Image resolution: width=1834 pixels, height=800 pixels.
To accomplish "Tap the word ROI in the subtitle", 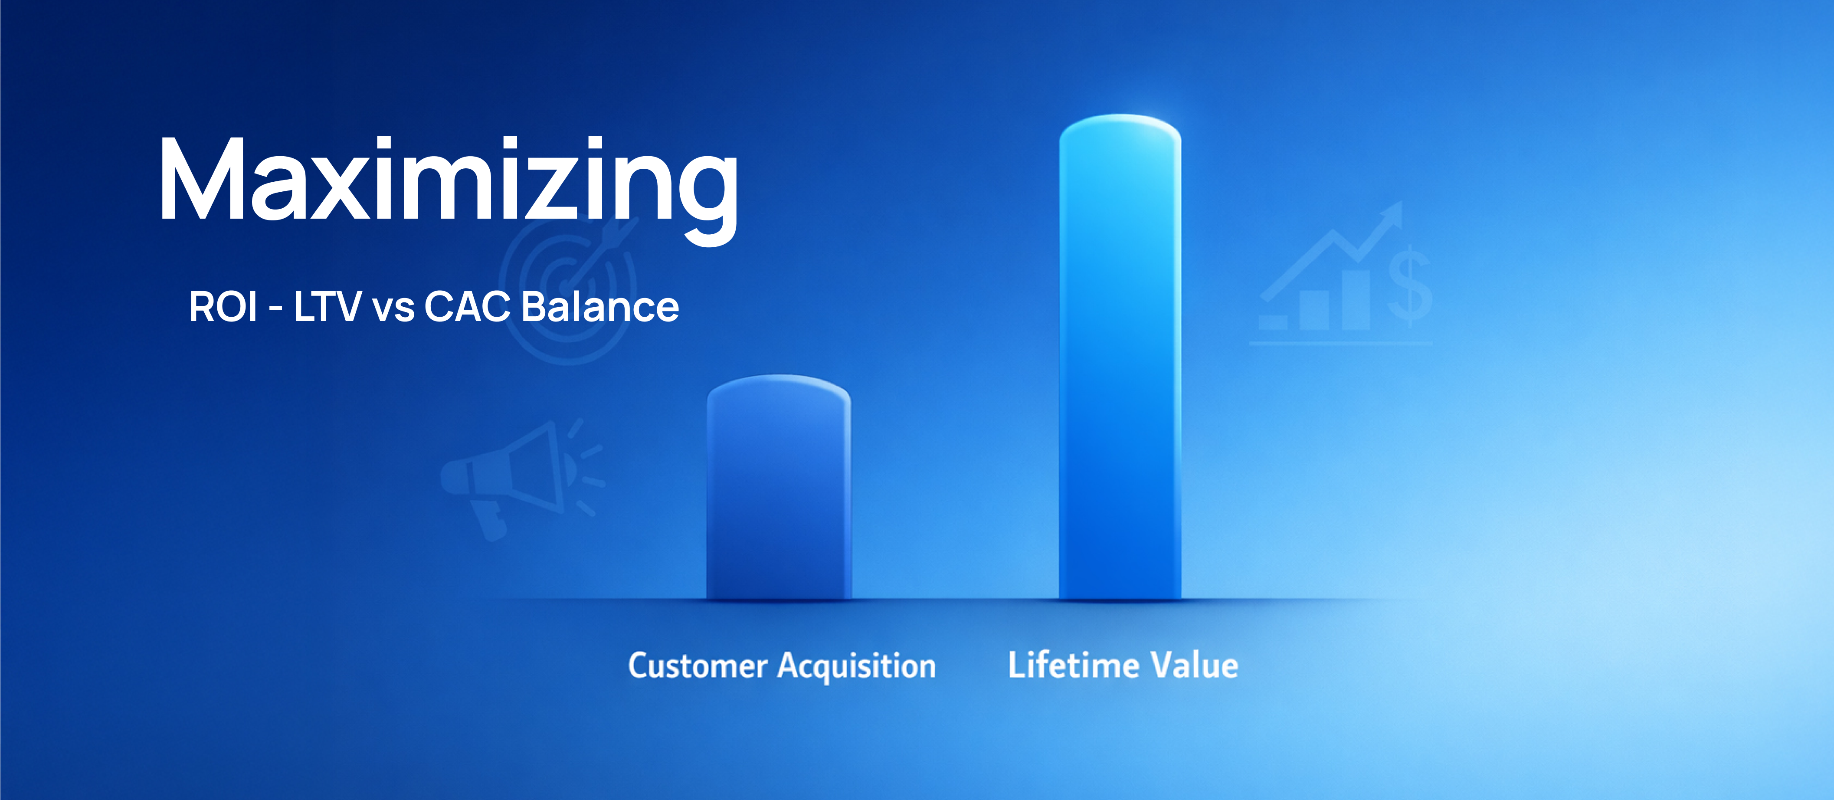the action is coord(223,307).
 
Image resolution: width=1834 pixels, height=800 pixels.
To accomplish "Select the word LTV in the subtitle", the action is coord(327,307).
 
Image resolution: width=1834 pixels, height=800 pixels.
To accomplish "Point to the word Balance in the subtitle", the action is coord(600,307).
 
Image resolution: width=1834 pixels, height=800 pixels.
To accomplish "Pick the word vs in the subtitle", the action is coord(393,311).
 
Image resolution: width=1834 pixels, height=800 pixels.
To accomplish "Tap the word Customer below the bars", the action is coord(698,666).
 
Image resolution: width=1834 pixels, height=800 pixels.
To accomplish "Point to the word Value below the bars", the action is coord(1195,665).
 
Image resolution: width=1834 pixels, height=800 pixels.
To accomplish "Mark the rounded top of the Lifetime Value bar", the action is coord(1120,128).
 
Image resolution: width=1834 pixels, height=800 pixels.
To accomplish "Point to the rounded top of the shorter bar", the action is coord(779,388).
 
